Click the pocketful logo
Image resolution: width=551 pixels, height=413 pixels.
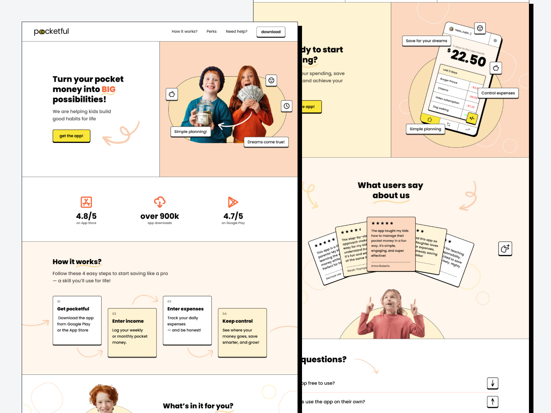pyautogui.click(x=51, y=31)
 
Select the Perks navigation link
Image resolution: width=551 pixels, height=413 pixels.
pyautogui.click(x=211, y=31)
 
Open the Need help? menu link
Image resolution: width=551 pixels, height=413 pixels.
pyautogui.click(x=236, y=31)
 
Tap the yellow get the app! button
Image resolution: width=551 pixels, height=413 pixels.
pyautogui.click(x=71, y=136)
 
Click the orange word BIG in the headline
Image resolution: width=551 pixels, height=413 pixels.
pyautogui.click(x=108, y=89)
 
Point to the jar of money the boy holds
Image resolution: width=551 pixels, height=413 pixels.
pyautogui.click(x=204, y=113)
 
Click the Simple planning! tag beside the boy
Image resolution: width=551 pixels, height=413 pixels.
pyautogui.click(x=190, y=131)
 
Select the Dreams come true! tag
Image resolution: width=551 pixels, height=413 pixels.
pyautogui.click(x=266, y=142)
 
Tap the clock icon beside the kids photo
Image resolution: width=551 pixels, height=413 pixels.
pyautogui.click(x=287, y=106)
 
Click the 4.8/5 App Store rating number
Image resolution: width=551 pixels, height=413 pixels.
pyautogui.click(x=86, y=216)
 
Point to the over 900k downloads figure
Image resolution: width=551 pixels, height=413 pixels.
pyautogui.click(x=159, y=216)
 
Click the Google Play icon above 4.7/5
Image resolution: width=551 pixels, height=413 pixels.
pyautogui.click(x=233, y=202)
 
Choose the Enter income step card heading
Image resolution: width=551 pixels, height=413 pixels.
pyautogui.click(x=128, y=321)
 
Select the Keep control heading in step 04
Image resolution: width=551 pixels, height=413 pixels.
pyautogui.click(x=237, y=321)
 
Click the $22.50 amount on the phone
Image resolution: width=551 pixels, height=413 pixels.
pyautogui.click(x=468, y=57)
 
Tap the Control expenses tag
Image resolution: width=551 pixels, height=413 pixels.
pyautogui.click(x=498, y=93)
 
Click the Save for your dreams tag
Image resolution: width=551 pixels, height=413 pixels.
pyautogui.click(x=426, y=41)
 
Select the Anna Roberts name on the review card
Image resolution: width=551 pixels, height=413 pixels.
pyautogui.click(x=380, y=266)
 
